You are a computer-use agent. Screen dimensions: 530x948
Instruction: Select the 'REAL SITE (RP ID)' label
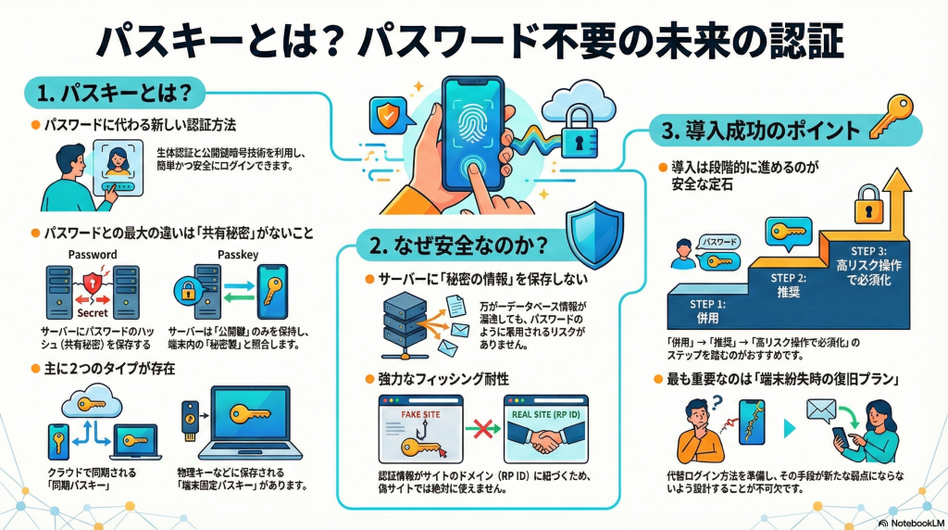coord(546,414)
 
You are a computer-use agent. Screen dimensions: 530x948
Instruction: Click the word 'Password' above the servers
coord(93,253)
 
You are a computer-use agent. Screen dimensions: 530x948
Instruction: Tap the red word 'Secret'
coord(93,313)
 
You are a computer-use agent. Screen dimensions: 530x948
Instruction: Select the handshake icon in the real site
coord(546,442)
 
